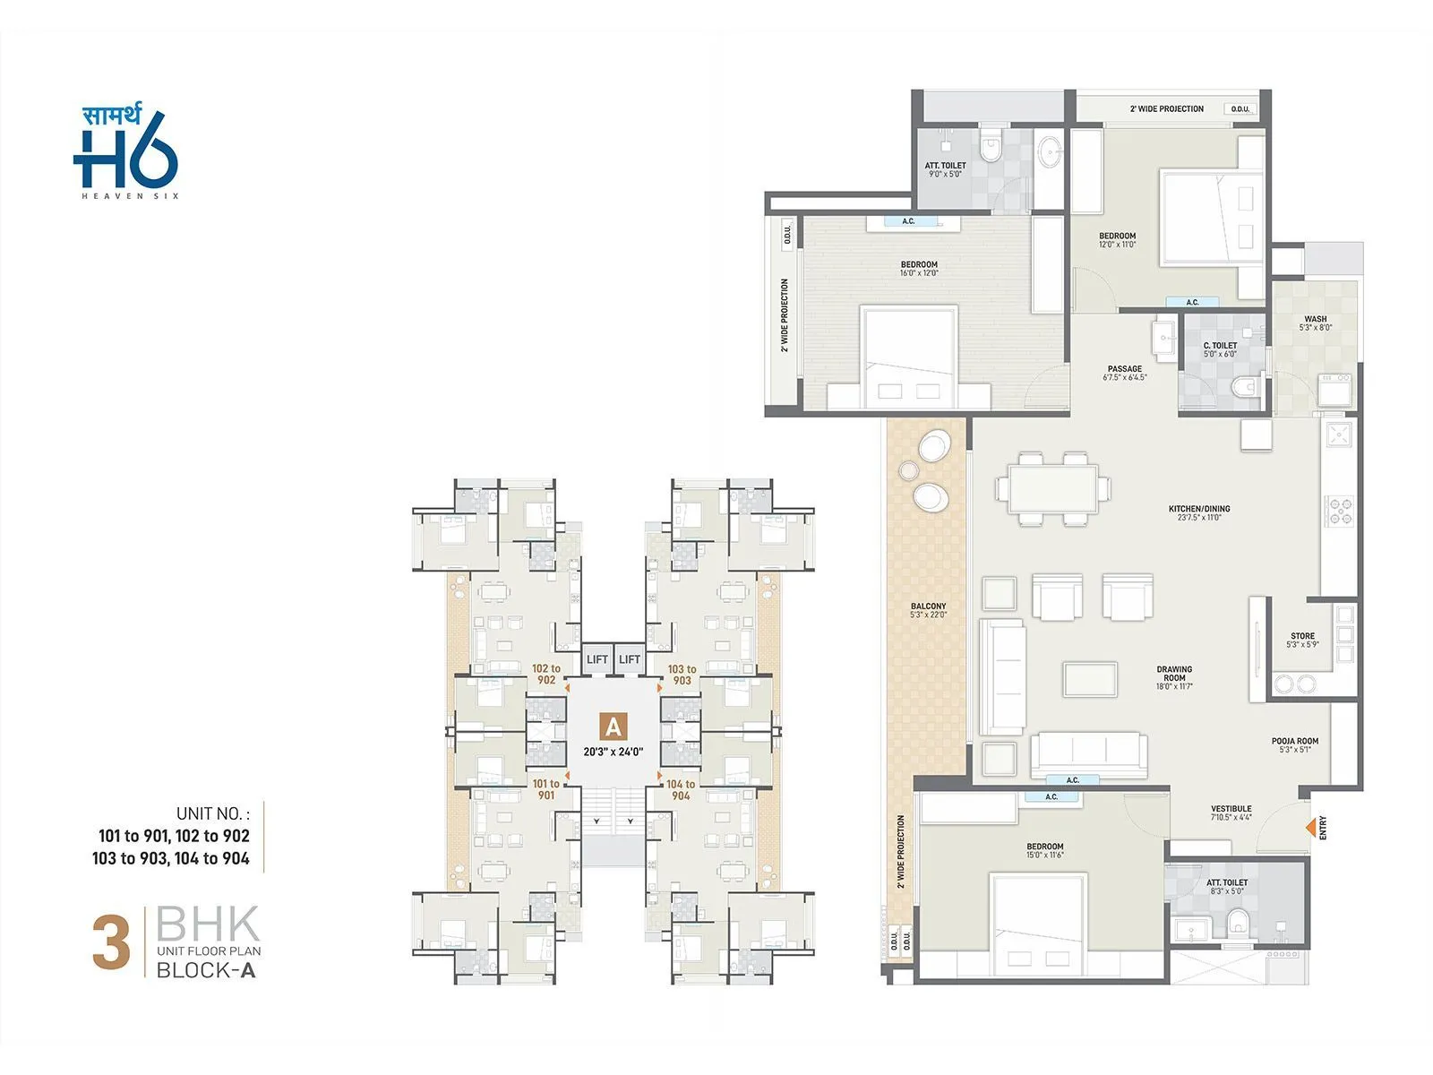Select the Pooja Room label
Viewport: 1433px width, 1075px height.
pyautogui.click(x=1294, y=744)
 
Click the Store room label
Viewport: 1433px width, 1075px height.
pyautogui.click(x=1302, y=640)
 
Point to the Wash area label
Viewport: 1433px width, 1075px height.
pyautogui.click(x=1315, y=322)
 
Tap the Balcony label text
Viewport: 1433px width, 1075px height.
pyautogui.click(x=928, y=610)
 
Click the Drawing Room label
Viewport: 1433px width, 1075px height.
pyautogui.click(x=1173, y=673)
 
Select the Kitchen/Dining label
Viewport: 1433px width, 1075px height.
pyautogui.click(x=1198, y=512)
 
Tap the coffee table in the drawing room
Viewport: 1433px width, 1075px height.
pyautogui.click(x=1090, y=678)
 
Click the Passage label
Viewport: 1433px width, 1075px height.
pyautogui.click(x=1124, y=373)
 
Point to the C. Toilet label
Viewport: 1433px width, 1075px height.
pyautogui.click(x=1219, y=348)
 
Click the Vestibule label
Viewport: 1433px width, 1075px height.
pyautogui.click(x=1231, y=813)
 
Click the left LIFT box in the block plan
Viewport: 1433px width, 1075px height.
pyautogui.click(x=596, y=659)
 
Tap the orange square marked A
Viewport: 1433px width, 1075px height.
pyautogui.click(x=613, y=725)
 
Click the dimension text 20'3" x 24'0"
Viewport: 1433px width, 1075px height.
pyautogui.click(x=613, y=752)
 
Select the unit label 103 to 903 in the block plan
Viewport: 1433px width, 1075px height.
pyautogui.click(x=682, y=675)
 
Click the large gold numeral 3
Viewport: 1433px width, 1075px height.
pyautogui.click(x=111, y=942)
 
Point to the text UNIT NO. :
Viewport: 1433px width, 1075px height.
pyautogui.click(x=213, y=813)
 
